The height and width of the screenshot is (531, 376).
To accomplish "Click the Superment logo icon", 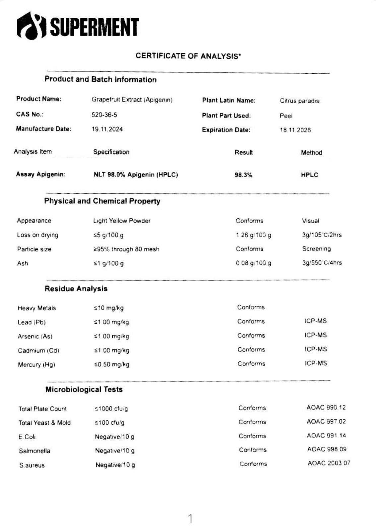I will [x=32, y=26].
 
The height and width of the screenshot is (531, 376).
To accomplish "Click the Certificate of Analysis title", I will [x=188, y=56].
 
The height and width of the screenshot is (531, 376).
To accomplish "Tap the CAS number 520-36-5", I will [x=104, y=115].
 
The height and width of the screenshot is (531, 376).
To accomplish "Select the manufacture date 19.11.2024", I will [x=107, y=129].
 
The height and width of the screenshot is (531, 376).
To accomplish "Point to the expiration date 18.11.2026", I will [x=295, y=130].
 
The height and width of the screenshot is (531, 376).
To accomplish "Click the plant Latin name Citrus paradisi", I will [x=300, y=101].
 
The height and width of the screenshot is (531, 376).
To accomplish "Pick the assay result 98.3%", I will [x=243, y=175].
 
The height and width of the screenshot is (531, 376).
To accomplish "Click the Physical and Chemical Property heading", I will [x=102, y=201].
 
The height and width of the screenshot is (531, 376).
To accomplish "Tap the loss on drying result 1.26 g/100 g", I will [x=253, y=235].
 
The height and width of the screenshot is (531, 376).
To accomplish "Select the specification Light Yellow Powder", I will [x=122, y=221].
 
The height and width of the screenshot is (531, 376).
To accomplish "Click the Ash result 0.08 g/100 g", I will [x=253, y=263].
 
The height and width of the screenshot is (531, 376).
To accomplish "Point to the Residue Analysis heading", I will [x=76, y=289].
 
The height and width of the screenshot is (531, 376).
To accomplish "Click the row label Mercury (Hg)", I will [x=36, y=365].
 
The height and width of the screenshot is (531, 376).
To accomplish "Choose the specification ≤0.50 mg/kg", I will [x=111, y=364].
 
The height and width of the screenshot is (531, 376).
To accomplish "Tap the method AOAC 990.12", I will [x=326, y=407].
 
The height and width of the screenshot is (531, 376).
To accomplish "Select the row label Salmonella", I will [x=34, y=451].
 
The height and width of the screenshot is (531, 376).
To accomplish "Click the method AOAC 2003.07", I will [x=329, y=463].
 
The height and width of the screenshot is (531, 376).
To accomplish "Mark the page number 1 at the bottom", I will [x=190, y=519].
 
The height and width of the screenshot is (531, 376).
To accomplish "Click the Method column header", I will [x=311, y=153].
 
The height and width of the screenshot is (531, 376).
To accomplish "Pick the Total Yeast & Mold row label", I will [x=44, y=423].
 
